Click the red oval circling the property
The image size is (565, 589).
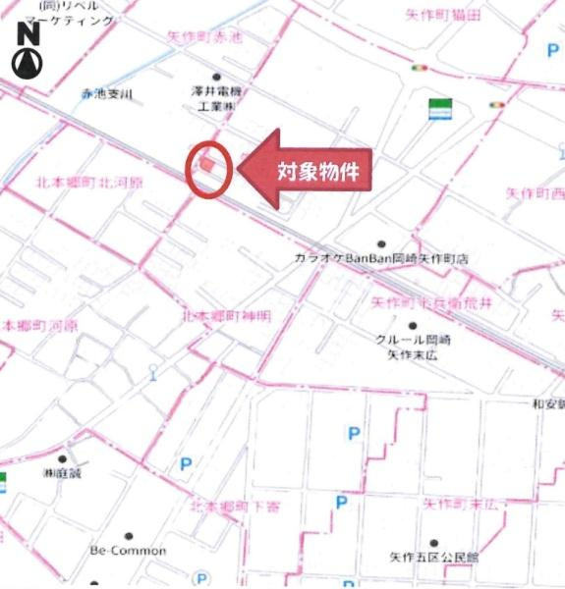click(208, 168)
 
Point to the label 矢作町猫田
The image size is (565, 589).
click(443, 16)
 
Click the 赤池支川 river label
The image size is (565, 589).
click(106, 94)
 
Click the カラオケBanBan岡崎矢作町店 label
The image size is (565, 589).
click(381, 259)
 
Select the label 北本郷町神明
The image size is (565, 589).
click(226, 316)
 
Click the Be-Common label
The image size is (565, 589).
click(128, 551)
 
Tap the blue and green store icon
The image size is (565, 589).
click(439, 109)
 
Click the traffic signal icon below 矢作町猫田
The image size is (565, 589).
click(421, 68)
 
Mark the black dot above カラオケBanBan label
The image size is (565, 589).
click(381, 243)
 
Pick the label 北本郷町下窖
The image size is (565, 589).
click(233, 504)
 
